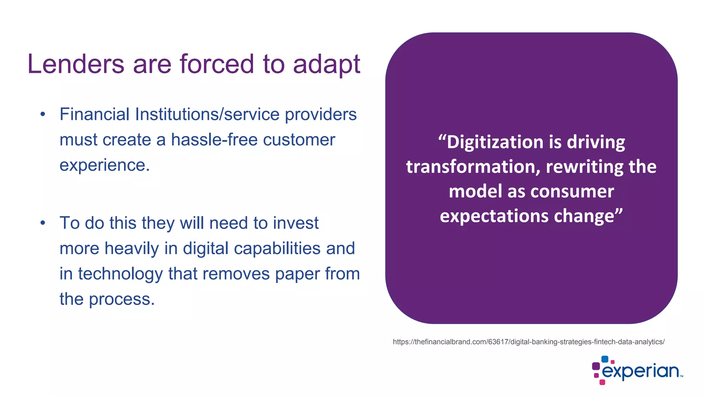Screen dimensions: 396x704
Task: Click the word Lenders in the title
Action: tap(76, 64)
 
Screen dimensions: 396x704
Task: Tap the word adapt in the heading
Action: tap(326, 64)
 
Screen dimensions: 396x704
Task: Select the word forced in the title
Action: tap(217, 64)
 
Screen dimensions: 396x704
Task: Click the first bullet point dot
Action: tap(43, 114)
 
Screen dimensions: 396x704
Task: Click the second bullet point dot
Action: tap(43, 223)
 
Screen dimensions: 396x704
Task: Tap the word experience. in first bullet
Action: tap(104, 165)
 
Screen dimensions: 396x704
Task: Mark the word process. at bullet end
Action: tap(122, 299)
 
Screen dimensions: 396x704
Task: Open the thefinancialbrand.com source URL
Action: tap(529, 342)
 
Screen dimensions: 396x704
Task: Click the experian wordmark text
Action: tap(640, 372)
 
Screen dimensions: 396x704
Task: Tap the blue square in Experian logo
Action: tap(605, 359)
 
